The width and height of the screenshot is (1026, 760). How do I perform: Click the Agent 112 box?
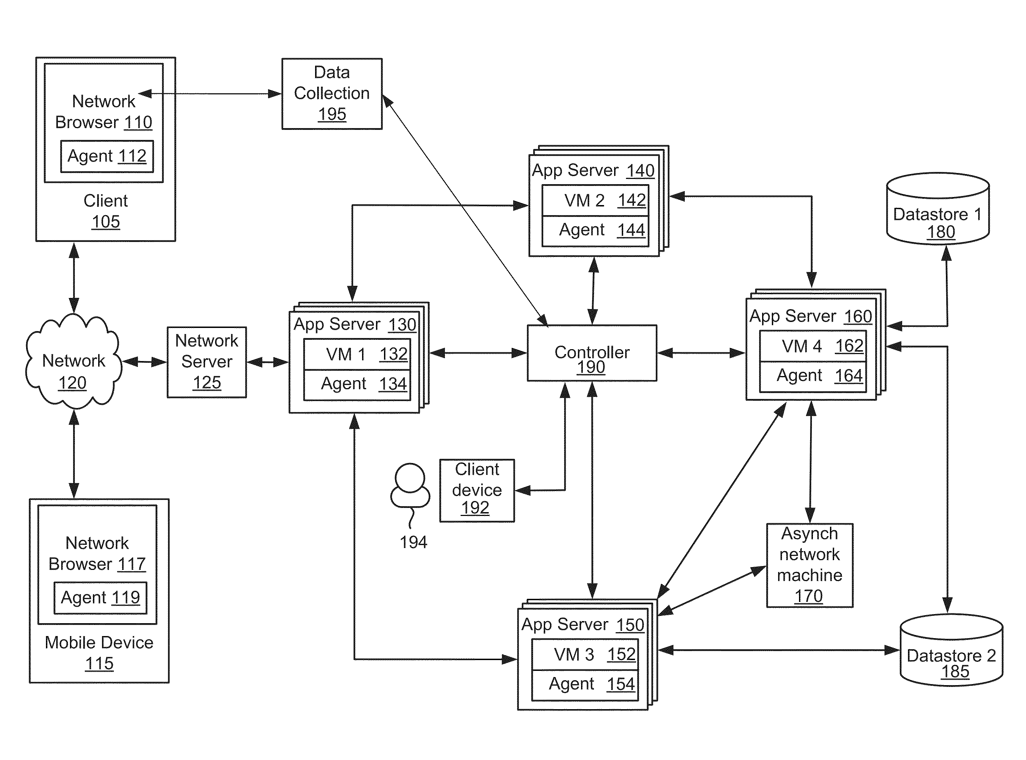[x=107, y=156]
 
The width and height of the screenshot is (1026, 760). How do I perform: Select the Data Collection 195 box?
[x=332, y=94]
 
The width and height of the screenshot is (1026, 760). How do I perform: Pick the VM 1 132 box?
[x=357, y=354]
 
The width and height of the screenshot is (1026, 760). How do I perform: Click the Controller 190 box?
[x=592, y=353]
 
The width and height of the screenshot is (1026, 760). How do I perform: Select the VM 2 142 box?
[x=595, y=200]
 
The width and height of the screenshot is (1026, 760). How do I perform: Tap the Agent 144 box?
[x=595, y=231]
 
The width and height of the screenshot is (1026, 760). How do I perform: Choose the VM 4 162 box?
[x=813, y=346]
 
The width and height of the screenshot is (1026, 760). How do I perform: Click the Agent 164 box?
[x=813, y=377]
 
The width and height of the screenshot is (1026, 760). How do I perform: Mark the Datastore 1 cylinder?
[x=938, y=209]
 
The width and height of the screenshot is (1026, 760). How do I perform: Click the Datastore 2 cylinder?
[x=951, y=650]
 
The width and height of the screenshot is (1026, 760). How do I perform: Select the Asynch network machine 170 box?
[x=809, y=565]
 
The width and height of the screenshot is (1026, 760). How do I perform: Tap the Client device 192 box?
[x=477, y=491]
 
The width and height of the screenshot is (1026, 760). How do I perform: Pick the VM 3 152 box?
[x=585, y=655]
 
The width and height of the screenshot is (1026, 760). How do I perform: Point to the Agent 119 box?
[x=100, y=598]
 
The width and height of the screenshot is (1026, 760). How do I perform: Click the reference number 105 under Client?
[x=106, y=222]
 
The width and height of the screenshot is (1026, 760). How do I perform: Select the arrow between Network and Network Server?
[x=144, y=362]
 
